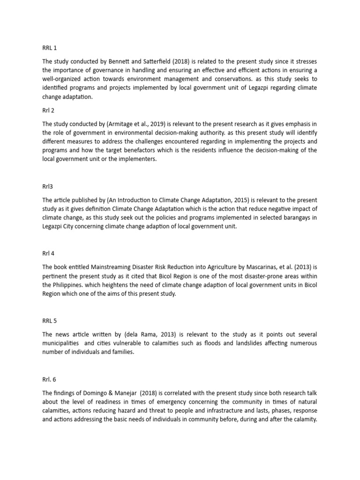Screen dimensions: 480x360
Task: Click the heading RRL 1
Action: point(49,47)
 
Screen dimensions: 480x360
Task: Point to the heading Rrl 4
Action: point(48,254)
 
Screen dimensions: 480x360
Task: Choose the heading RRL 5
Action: point(49,321)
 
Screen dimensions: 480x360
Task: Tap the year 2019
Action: point(156,124)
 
